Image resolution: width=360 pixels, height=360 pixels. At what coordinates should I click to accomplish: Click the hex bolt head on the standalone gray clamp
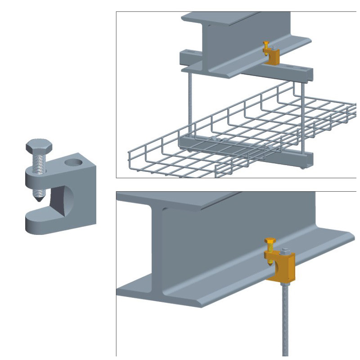tap(39, 147)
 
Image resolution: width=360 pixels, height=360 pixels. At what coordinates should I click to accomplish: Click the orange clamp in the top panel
tap(273, 58)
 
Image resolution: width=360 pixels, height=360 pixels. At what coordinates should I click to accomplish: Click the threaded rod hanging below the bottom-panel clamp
tap(285, 319)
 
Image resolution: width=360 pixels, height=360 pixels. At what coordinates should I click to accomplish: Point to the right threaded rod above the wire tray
tap(304, 112)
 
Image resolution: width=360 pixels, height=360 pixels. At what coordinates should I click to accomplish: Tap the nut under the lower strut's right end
tap(302, 168)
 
